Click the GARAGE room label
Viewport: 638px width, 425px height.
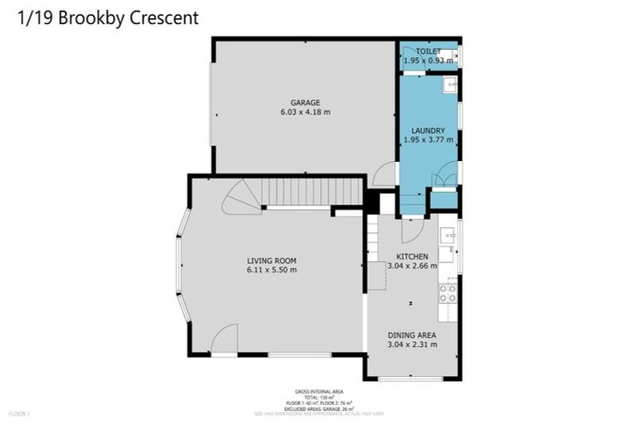tap(305, 102)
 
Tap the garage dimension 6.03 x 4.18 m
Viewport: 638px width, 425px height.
tap(305, 112)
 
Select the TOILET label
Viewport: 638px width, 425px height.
tap(428, 51)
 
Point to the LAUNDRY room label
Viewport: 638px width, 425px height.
tap(428, 130)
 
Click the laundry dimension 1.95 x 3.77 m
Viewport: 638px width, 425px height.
tap(428, 140)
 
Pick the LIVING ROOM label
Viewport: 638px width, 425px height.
tap(272, 260)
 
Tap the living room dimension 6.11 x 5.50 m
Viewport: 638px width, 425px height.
tap(272, 270)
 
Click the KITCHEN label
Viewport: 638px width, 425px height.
tap(412, 256)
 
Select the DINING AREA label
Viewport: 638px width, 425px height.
tap(412, 335)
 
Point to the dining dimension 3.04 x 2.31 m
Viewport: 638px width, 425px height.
tap(412, 344)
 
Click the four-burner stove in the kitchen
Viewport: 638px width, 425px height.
tap(449, 292)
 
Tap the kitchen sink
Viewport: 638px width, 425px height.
tap(449, 237)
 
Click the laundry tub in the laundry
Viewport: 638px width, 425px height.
tap(449, 84)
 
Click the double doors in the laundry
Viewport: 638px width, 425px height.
tap(444, 176)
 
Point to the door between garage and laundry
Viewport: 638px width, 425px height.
tap(384, 175)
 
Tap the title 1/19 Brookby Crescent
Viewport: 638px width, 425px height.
tap(108, 18)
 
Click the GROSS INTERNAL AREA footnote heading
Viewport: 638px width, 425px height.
tap(319, 391)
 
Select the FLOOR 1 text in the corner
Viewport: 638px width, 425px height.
tap(18, 413)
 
